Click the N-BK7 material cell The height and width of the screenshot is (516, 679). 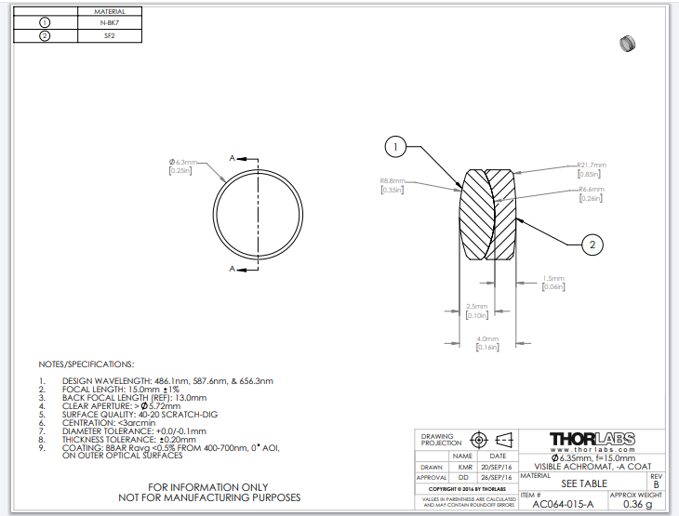[110, 22]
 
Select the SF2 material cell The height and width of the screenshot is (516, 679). [110, 36]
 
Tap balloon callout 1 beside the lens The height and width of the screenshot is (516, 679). [395, 147]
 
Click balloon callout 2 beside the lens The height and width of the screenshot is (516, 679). [593, 245]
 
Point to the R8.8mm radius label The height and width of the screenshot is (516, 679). [393, 181]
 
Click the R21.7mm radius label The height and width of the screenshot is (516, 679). [591, 165]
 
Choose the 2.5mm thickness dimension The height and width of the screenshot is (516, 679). [475, 306]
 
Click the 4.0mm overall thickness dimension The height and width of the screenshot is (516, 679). [487, 338]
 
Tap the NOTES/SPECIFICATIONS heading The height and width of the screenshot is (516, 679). [86, 364]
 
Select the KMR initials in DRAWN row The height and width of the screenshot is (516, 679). [466, 468]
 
